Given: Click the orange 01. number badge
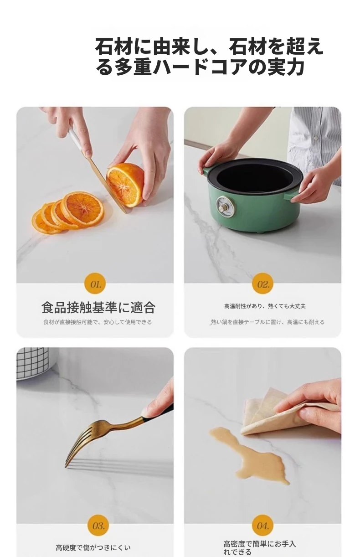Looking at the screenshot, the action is [x=95, y=284].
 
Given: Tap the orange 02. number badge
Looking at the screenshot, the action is [x=262, y=284].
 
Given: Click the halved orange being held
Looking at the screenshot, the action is [x=125, y=184].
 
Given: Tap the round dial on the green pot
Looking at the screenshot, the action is [x=223, y=205].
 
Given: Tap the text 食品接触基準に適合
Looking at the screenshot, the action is [x=98, y=308].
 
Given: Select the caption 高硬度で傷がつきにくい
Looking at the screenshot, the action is [x=93, y=547].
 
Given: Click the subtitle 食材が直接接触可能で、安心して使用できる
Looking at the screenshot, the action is [x=98, y=322].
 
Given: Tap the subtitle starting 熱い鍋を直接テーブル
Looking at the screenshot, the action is [x=268, y=322].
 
